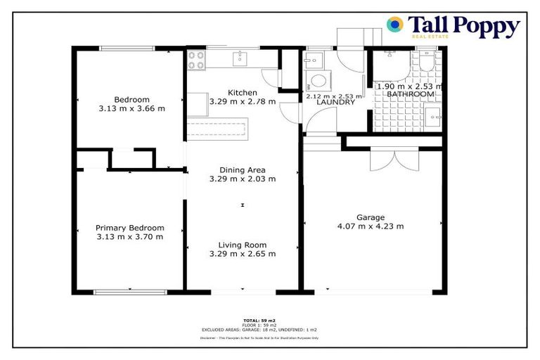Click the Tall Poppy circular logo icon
pos(395,25)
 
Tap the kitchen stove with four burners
pos(196,61)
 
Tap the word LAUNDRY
pos(335,103)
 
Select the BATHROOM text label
pos(411,94)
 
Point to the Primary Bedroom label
pos(130,228)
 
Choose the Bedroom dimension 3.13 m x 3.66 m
pos(130,108)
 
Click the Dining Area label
pos(242,169)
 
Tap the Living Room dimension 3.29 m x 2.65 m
pos(242,254)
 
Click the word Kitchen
pos(242,93)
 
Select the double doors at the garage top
pos(389,161)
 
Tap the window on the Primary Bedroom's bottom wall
pos(130,291)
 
